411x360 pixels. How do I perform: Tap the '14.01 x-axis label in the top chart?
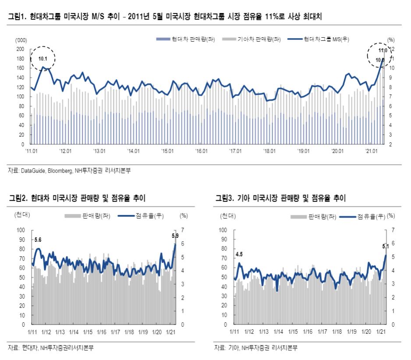[133, 151]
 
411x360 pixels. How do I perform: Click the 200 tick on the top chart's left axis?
[20, 49]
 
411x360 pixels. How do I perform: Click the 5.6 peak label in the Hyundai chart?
[38, 240]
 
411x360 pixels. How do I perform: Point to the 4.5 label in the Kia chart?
[239, 254]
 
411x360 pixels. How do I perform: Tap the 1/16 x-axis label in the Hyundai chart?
[101, 332]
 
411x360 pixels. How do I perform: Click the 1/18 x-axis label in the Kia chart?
[337, 332]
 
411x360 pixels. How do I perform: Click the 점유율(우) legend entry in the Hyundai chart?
[143, 216]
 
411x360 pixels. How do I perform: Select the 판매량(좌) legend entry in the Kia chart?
[321, 216]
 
